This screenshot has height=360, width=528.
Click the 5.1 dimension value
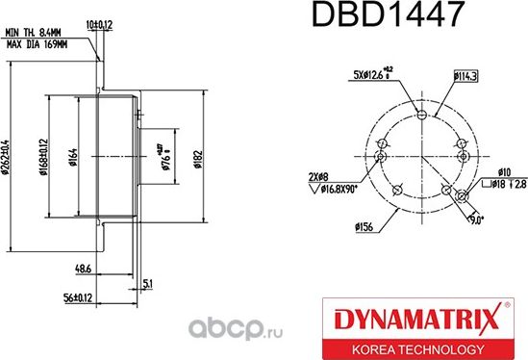(145, 282)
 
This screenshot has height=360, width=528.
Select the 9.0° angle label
(476, 219)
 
